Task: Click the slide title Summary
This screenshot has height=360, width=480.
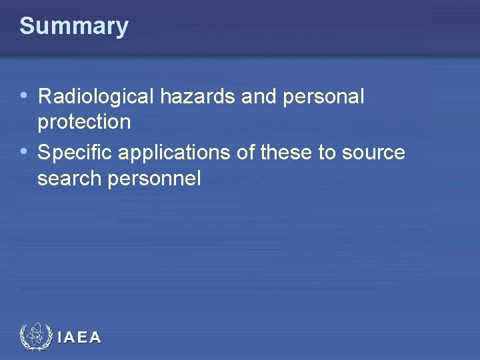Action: (73, 27)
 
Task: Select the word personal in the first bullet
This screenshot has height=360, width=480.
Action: (324, 97)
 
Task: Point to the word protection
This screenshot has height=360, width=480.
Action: (84, 122)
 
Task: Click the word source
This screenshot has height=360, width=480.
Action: (373, 153)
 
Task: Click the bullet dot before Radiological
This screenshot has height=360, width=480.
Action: (24, 96)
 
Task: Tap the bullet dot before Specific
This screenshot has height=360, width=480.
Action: (24, 152)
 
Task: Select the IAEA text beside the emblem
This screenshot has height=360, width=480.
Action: (79, 338)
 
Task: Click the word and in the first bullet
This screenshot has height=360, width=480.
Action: (258, 97)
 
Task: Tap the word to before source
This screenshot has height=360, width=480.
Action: (327, 153)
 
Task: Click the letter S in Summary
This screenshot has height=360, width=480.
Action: (27, 27)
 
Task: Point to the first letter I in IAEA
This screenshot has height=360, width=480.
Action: (60, 338)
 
